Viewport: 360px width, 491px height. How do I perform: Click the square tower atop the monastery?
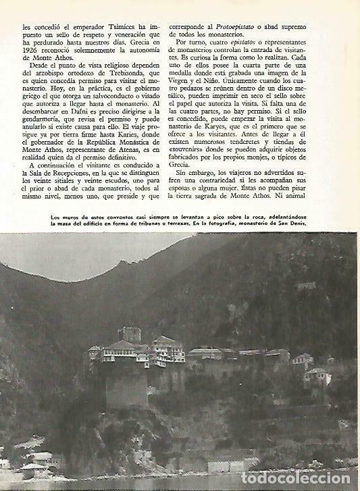pos(129,334)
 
